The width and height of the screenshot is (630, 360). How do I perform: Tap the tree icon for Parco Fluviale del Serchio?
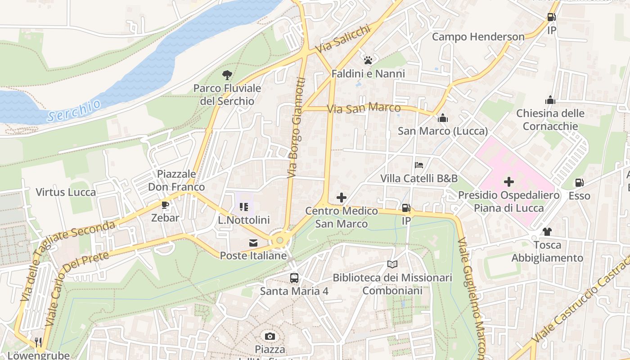pyautogui.click(x=227, y=75)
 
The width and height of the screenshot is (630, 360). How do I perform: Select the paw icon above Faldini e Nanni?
pyautogui.click(x=368, y=60)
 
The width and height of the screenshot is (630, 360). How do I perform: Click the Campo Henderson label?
pyautogui.click(x=478, y=36)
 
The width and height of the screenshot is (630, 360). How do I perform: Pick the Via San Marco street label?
pyautogui.click(x=364, y=108)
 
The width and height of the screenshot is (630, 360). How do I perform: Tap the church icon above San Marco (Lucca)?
pyautogui.click(x=443, y=118)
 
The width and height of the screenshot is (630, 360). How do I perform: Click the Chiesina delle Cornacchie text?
pyautogui.click(x=550, y=120)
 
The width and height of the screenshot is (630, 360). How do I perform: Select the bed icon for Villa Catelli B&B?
pyautogui.click(x=419, y=165)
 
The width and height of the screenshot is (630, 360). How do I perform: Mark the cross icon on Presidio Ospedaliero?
pyautogui.click(x=509, y=182)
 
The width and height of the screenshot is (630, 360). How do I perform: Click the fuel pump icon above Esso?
pyautogui.click(x=579, y=183)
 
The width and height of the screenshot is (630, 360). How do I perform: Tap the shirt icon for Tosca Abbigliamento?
pyautogui.click(x=547, y=232)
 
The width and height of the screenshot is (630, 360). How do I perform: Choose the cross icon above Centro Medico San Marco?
pyautogui.click(x=342, y=197)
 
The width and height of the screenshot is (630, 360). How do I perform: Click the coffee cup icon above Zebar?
pyautogui.click(x=165, y=205)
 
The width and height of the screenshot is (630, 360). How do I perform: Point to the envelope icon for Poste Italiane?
pyautogui.click(x=253, y=243)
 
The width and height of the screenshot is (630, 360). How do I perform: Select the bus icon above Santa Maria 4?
pyautogui.click(x=294, y=278)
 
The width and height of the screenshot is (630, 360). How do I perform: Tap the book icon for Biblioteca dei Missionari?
pyautogui.click(x=392, y=265)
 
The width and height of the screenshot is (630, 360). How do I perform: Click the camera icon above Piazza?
pyautogui.click(x=270, y=336)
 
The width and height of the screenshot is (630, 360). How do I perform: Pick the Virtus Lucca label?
pyautogui.click(x=66, y=193)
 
